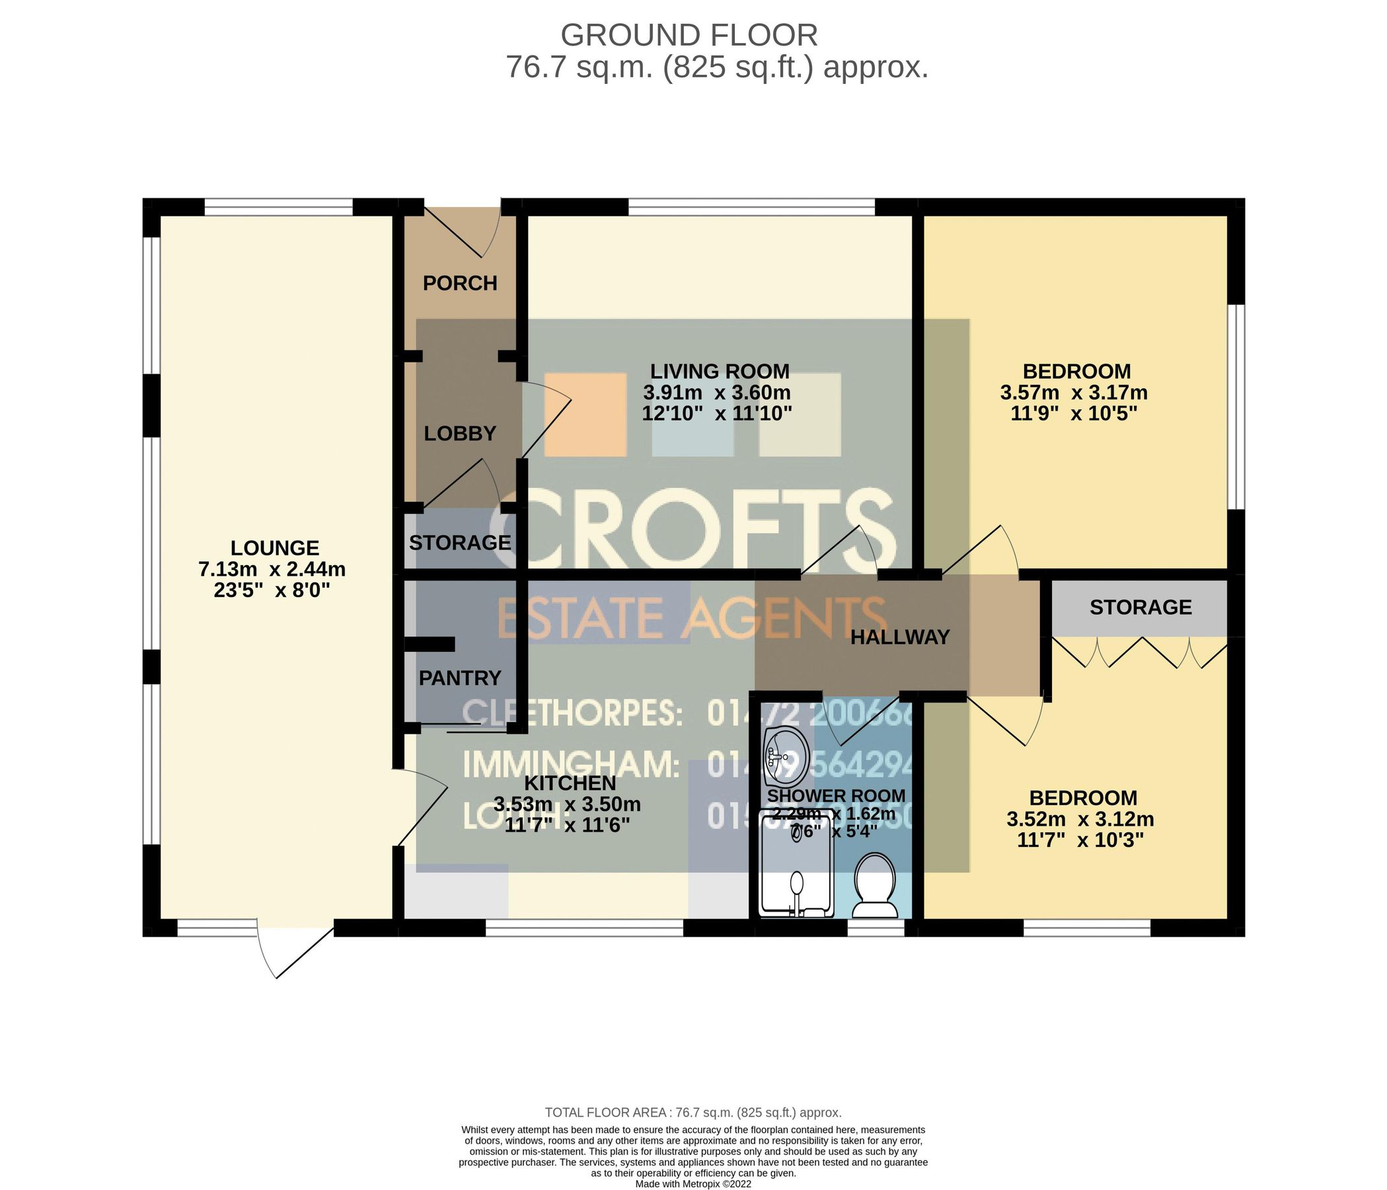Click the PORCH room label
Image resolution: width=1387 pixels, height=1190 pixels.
click(x=460, y=283)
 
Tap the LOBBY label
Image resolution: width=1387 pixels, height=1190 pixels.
click(x=460, y=434)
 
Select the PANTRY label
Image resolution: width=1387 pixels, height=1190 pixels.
click(x=460, y=678)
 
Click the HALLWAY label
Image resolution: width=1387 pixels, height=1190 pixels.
click(x=900, y=637)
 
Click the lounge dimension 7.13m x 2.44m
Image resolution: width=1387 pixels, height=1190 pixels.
click(x=272, y=570)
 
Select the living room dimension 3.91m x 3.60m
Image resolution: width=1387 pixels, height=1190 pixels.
click(x=717, y=392)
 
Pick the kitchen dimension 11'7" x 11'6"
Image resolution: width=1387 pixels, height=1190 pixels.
click(x=567, y=825)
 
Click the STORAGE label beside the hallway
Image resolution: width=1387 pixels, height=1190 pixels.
click(x=1141, y=608)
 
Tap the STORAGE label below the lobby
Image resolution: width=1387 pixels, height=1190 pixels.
click(x=460, y=542)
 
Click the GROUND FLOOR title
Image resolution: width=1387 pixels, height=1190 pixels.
click(x=689, y=35)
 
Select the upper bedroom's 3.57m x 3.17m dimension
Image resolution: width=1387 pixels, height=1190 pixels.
click(x=1074, y=392)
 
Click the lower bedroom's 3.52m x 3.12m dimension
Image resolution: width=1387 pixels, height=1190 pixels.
click(x=1080, y=819)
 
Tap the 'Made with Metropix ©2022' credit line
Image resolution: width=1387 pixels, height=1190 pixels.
click(x=694, y=1184)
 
